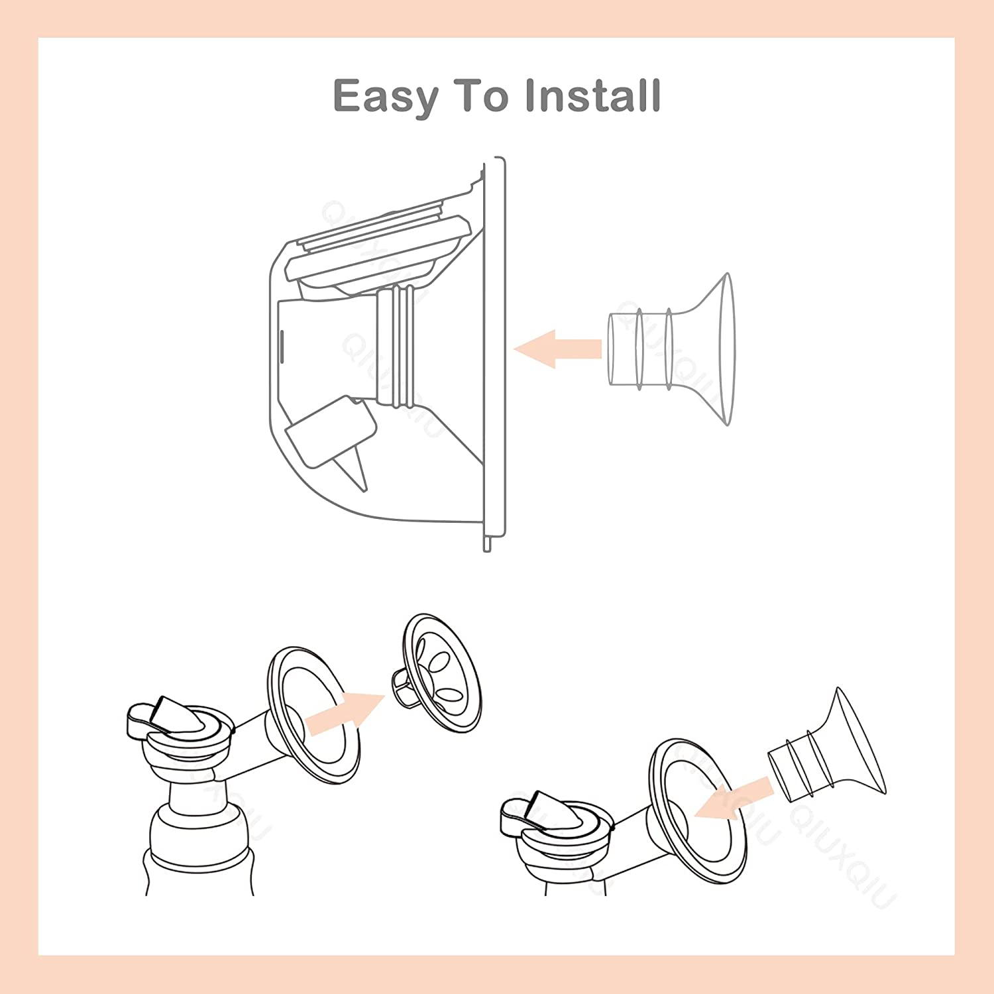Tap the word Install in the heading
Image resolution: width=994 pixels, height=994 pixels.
click(593, 95)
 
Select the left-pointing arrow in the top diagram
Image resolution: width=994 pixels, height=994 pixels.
click(557, 349)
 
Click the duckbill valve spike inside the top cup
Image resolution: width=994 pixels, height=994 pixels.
click(357, 467)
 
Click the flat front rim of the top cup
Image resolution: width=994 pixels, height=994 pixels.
click(494, 351)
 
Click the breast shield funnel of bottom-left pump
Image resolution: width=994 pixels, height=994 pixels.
click(311, 716)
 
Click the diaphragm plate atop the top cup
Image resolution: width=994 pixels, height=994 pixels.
click(378, 252)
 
